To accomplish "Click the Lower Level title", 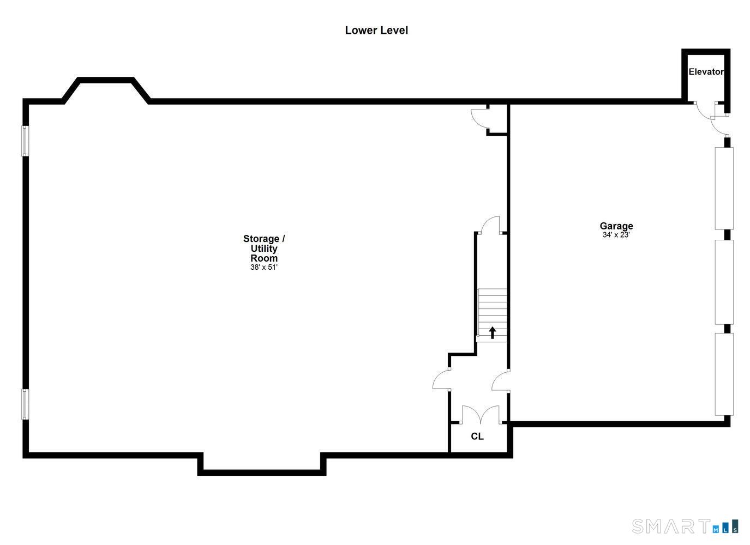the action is click(x=376, y=31).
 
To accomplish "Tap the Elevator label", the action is click(x=706, y=71).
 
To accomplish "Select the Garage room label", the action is click(x=616, y=226).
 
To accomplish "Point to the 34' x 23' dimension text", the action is click(x=616, y=235).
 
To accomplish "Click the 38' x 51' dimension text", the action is click(x=264, y=267).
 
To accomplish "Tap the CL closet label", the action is click(x=477, y=436).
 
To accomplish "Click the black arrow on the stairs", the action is click(x=492, y=332).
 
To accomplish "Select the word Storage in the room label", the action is click(x=261, y=239).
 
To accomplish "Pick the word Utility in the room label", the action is click(x=264, y=248).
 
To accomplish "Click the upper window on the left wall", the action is click(x=25, y=141).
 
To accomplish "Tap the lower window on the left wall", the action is click(x=25, y=404).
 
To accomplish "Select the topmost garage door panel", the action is click(x=724, y=189).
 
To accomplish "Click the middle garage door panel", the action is click(x=724, y=282).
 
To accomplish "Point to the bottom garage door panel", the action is click(x=724, y=374).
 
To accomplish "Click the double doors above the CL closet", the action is click(x=481, y=415).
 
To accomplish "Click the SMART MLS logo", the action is click(x=685, y=526).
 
